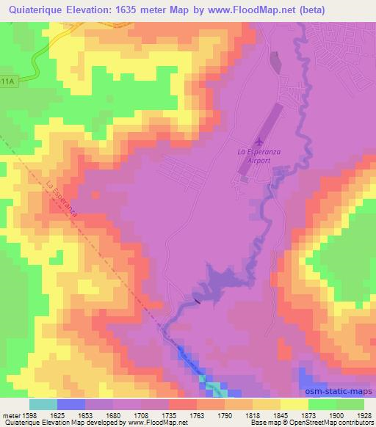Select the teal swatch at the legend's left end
(x=43, y=404)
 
